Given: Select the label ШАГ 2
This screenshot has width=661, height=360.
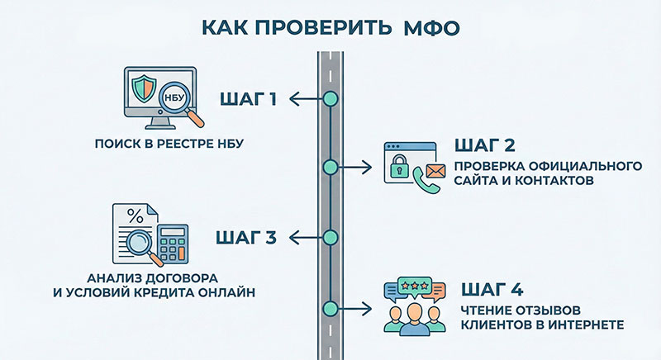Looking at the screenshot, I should (485, 147).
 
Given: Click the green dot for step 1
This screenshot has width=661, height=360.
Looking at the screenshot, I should (330, 99).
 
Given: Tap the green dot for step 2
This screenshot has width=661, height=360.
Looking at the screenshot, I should (330, 168).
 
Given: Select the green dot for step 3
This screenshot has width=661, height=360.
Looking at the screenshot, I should (330, 238).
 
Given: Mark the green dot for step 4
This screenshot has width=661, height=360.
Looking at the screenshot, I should (330, 308).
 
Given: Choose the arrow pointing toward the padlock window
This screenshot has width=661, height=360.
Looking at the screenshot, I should (355, 168).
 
